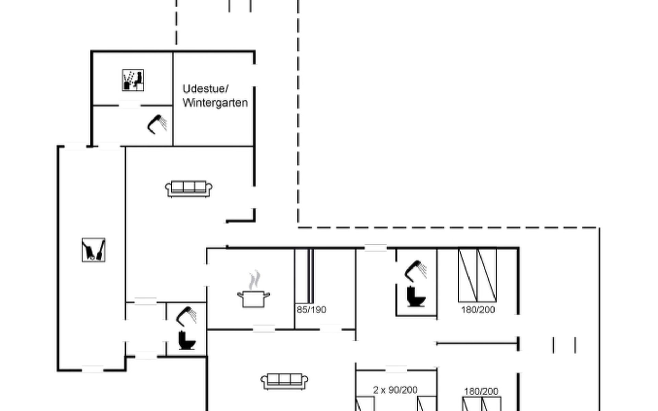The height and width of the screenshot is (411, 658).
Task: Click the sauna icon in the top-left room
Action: pyautogui.click(x=133, y=80)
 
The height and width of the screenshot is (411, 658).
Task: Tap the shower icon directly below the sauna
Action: pyautogui.click(x=157, y=124)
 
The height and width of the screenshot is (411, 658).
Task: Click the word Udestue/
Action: pyautogui.click(x=205, y=89)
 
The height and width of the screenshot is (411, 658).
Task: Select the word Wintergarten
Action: pyautogui.click(x=215, y=103)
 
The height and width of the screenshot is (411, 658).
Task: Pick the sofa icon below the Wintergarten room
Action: pyautogui.click(x=189, y=189)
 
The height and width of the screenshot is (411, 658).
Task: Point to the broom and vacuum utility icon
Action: pyautogui.click(x=94, y=250)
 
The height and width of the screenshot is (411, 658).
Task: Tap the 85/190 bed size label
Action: pyautogui.click(x=311, y=310)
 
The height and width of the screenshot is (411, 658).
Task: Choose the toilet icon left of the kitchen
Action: pyautogui.click(x=187, y=340)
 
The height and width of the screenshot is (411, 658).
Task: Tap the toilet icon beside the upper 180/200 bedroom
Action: pyautogui.click(x=416, y=297)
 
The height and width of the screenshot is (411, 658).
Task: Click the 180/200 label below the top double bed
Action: pyautogui.click(x=478, y=310)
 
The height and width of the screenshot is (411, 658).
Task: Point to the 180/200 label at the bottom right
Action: pyautogui.click(x=481, y=391)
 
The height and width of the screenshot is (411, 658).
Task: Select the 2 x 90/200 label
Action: pyautogui.click(x=395, y=390)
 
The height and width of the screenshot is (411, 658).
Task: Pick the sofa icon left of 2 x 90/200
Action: pyautogui.click(x=284, y=382)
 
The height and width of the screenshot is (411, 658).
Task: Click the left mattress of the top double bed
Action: pyautogui.click(x=468, y=275)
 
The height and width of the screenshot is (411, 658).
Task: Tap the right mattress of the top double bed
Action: pyautogui.click(x=487, y=275)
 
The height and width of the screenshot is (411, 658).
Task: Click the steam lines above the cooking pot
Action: pyautogui.click(x=254, y=280)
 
